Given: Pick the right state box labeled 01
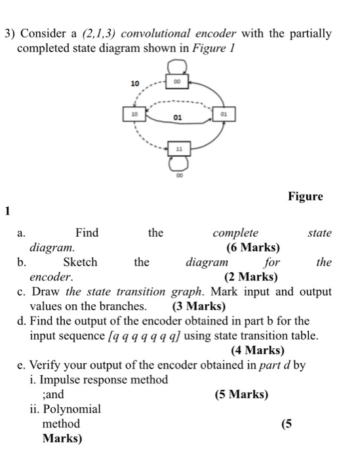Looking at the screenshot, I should coord(224,113).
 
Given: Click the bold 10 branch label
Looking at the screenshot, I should coord(136,85).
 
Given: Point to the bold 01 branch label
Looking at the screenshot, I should coord(177,119).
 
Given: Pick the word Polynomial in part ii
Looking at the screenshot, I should coord(71,409).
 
